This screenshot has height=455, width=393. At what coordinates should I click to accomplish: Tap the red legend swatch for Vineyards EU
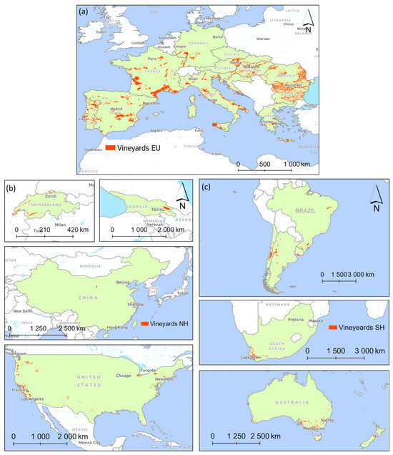(111, 148)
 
